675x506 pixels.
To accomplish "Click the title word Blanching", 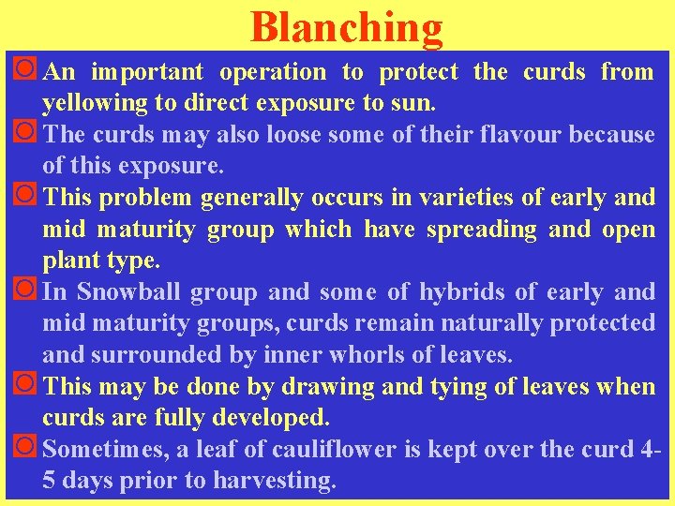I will tap(346, 28).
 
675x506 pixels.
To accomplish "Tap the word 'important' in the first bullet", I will tap(147, 72).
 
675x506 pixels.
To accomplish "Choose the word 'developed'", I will tap(234, 419).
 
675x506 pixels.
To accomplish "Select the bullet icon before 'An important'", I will tap(27, 71).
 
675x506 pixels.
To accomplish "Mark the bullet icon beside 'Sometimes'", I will tap(27, 449).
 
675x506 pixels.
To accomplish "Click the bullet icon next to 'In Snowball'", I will tap(27, 291).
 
